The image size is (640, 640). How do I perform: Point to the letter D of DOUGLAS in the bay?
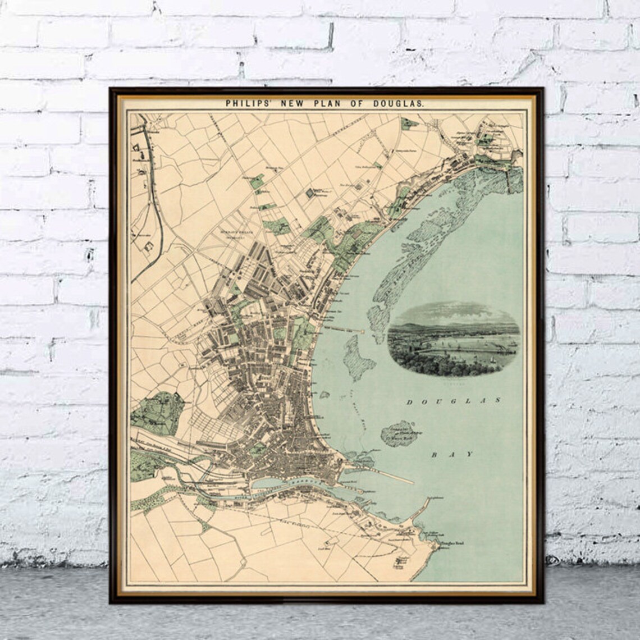point(409,402)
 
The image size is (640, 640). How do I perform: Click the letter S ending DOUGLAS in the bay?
point(497,400)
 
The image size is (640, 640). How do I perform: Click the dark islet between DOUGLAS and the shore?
point(400,433)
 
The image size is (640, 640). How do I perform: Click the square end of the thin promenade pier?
point(364,332)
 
